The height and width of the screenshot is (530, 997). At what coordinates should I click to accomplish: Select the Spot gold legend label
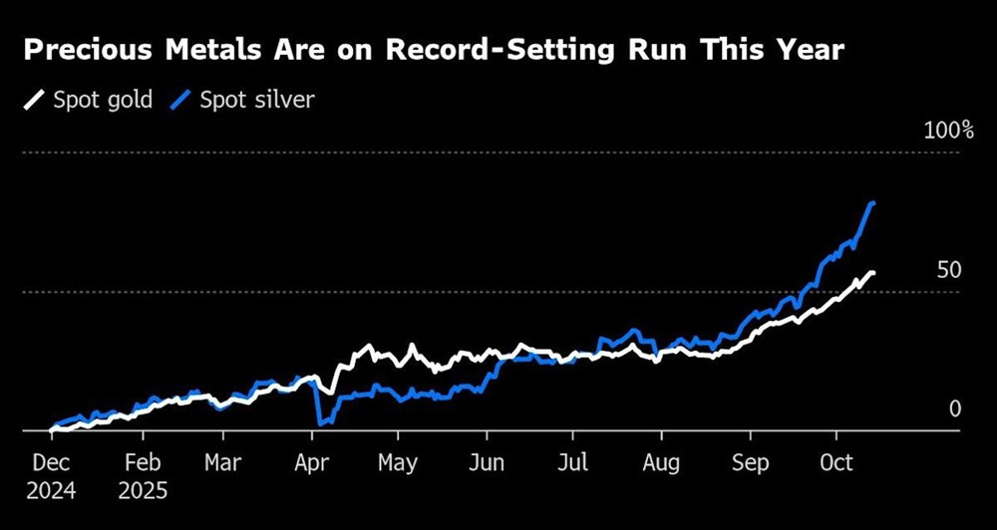pos(102,100)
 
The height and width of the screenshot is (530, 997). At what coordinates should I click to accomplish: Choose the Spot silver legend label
pos(257,100)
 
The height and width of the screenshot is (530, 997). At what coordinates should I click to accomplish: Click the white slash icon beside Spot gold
pos(34,100)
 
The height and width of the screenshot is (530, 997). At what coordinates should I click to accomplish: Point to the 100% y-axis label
pos(948,131)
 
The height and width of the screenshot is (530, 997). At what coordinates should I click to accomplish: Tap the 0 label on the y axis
pos(954,409)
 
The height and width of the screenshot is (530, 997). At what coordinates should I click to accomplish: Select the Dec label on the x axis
pos(49,464)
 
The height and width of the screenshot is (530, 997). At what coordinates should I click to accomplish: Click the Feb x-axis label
pos(144,464)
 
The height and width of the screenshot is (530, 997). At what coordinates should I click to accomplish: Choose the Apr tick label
pos(312,464)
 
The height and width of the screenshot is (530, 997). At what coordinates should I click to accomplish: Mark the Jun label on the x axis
pos(487,464)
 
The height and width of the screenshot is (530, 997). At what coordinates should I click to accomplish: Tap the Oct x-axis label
pos(835,464)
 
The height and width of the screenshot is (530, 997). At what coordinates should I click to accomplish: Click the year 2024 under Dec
pos(51,490)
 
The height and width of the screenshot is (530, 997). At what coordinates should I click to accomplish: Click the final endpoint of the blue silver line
pos(873,203)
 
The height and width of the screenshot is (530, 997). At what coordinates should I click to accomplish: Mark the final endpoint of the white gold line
pos(873,274)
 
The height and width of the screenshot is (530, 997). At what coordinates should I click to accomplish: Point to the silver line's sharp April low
pos(320,422)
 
